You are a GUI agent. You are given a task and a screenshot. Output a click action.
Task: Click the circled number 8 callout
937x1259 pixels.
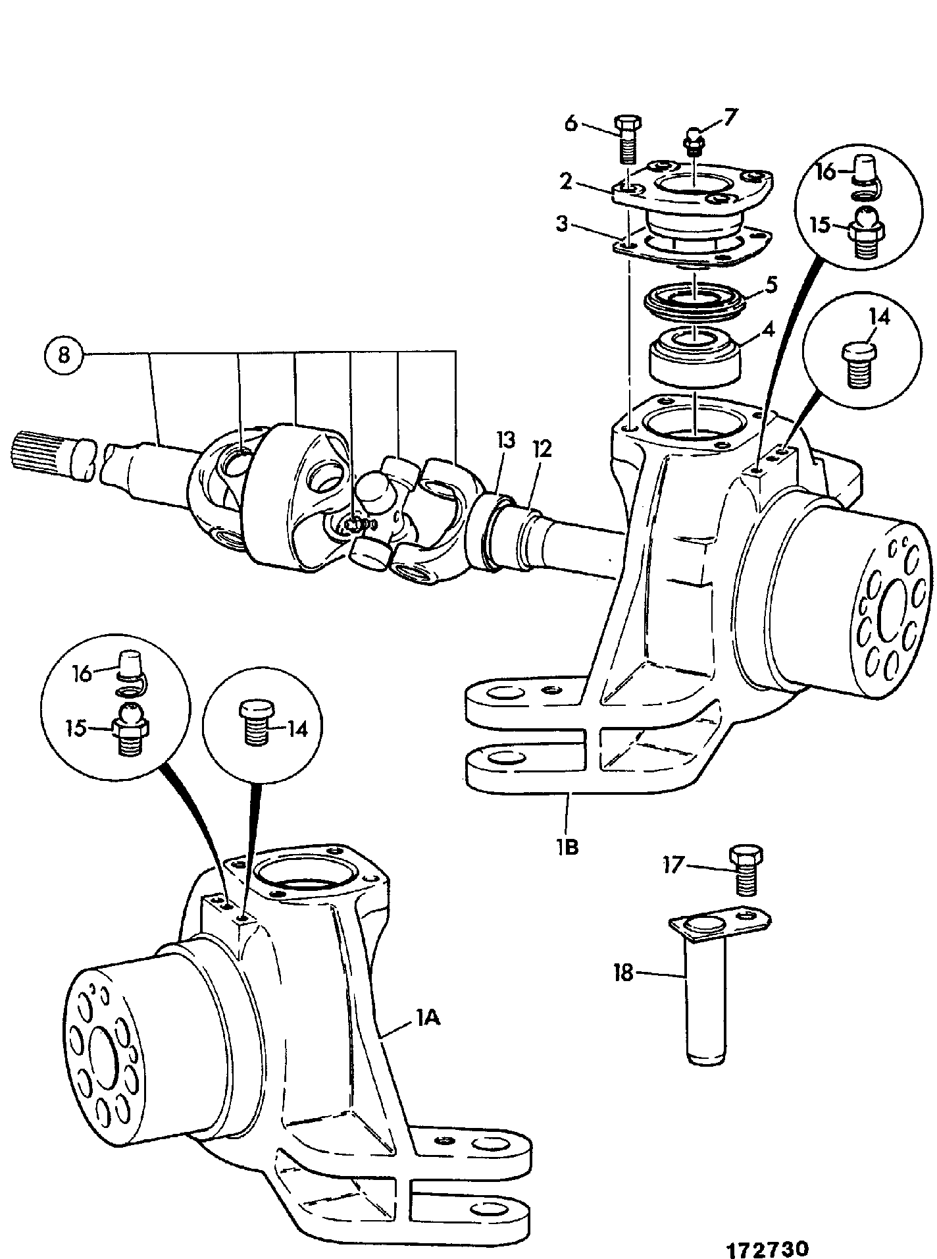[x=64, y=355]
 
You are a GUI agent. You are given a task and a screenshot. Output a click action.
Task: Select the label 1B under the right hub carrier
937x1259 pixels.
[x=567, y=846]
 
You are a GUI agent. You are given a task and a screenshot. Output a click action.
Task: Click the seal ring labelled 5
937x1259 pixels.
[x=696, y=298]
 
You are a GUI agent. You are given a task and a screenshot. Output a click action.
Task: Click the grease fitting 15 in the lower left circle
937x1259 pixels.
[x=130, y=728]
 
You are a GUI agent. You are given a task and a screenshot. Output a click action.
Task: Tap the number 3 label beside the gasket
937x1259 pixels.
[x=561, y=223]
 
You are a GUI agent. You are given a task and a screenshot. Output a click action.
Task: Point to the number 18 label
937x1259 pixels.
[x=622, y=972]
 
